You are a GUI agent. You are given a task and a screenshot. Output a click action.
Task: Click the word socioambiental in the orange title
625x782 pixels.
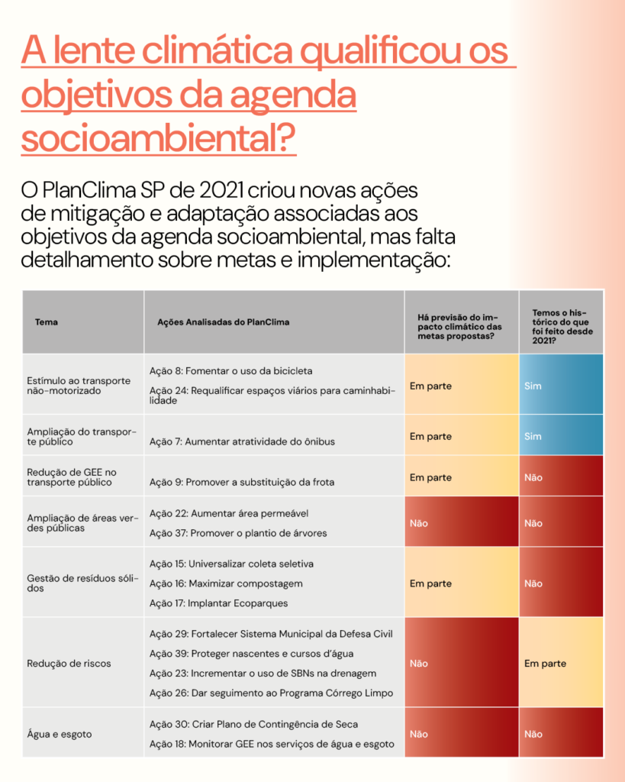point(159,137)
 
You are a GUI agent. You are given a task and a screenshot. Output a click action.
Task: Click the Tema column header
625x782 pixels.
point(47,322)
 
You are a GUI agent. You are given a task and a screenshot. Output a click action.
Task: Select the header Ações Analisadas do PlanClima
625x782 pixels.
point(224,322)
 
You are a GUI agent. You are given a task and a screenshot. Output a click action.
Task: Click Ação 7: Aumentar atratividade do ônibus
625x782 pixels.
point(242,441)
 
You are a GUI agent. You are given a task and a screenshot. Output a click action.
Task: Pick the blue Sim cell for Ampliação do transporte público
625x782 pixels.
point(561,435)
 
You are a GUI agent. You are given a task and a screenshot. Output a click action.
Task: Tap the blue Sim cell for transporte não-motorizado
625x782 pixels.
point(561,384)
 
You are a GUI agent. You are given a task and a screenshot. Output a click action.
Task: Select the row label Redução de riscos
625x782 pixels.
point(69,664)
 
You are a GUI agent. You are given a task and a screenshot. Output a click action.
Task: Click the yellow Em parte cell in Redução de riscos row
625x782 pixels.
point(561,662)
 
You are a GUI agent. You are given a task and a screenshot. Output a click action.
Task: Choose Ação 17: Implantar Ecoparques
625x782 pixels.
point(219,603)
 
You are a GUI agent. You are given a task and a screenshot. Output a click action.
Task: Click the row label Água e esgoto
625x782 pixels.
point(60,734)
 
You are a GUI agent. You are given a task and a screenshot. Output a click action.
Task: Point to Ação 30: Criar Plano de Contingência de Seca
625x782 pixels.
point(253,724)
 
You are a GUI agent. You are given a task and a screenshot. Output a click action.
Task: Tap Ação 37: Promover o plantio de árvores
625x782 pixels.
point(238,533)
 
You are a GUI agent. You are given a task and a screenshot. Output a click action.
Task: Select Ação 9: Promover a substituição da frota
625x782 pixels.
point(242,483)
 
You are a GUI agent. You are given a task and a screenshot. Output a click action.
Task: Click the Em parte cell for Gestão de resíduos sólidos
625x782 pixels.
point(462,582)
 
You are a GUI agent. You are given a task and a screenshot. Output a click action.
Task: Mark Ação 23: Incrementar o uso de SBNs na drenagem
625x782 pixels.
point(263,674)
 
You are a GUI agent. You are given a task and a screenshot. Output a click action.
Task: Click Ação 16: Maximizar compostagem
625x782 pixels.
point(226,583)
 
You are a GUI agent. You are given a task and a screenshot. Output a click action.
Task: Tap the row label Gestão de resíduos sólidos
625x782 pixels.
point(82,583)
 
